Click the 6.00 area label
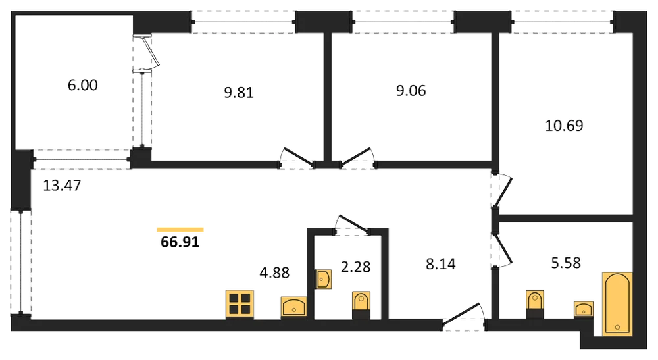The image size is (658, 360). coord(83,85)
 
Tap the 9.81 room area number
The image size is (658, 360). coord(239,93)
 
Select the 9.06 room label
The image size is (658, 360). coord(411,91)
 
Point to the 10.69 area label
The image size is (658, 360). coord(564,126)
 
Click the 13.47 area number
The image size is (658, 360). coord(62,185)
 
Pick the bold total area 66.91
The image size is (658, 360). coord(180,242)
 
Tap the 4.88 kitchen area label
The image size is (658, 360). coord(274,273)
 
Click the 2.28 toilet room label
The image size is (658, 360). coord(355,267)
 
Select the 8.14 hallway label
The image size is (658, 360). coord(441,264)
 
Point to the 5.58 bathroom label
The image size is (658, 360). coord(566,263)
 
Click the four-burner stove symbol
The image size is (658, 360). coord(240,303)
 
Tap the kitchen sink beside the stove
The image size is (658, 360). coord(293,307)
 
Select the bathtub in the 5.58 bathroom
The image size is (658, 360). coord(617,304)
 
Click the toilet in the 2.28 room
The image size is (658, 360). coord(361,305)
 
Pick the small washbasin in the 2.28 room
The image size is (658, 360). coord(324,279)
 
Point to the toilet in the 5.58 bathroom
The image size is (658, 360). coord(534,304)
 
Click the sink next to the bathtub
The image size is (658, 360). coord(584,309)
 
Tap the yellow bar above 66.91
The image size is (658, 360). coord(180,230)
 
